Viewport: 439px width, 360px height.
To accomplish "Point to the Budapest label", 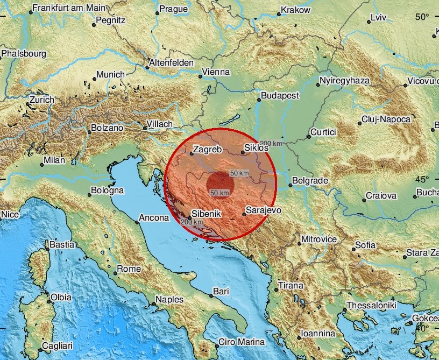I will pos(280,96).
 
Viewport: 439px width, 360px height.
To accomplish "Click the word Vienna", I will pos(215,72).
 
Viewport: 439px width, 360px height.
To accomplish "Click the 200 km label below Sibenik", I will pos(192,222).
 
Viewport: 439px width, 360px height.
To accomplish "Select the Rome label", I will pos(129,269).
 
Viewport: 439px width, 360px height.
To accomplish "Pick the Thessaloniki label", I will pos(371,306).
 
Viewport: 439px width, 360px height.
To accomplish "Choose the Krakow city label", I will pos(296,10).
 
